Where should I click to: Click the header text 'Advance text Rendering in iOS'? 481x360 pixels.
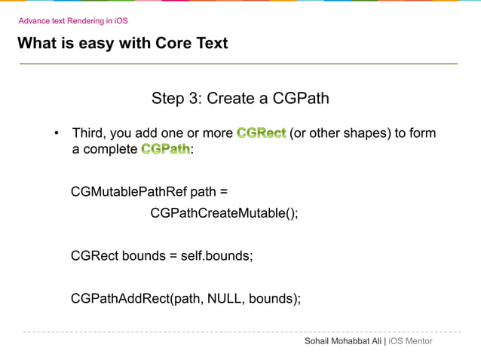73,21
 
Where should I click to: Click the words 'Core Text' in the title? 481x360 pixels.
191,43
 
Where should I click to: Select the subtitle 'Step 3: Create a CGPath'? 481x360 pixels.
240,99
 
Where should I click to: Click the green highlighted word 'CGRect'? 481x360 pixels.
261,133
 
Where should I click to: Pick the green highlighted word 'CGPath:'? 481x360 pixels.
167,149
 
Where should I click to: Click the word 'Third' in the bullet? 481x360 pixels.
88,133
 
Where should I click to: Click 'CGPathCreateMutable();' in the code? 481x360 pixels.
224,213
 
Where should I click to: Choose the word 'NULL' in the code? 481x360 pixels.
225,298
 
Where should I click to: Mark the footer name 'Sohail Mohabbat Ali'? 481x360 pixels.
343,341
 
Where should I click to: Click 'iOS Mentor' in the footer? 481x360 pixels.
410,341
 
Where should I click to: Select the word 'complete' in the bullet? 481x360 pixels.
110,149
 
